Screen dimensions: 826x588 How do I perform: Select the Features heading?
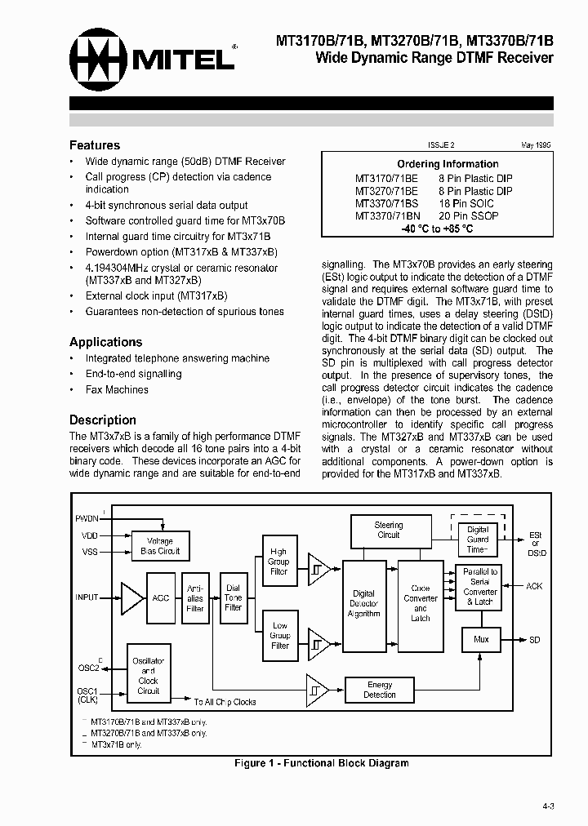(94, 145)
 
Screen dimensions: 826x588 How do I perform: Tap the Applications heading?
(105, 342)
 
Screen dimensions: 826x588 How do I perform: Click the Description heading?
(102, 420)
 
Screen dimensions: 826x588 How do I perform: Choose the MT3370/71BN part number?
(384, 216)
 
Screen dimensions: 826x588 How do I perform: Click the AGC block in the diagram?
(161, 597)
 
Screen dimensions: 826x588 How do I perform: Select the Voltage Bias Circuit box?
(160, 546)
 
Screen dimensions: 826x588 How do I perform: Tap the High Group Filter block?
(279, 562)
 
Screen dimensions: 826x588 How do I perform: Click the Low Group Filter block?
(279, 636)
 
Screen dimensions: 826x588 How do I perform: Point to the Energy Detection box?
(379, 690)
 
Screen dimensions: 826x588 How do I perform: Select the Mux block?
(481, 639)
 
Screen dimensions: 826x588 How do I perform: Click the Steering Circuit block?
(388, 531)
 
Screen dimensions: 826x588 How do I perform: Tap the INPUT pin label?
(87, 597)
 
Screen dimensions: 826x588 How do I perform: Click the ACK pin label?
(533, 586)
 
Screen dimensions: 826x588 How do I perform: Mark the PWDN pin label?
(87, 518)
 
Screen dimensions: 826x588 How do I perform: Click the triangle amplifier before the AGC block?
(130, 597)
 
